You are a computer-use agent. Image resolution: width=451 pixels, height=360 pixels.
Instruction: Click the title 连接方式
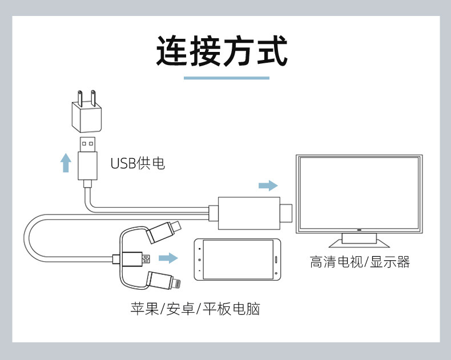[222, 51]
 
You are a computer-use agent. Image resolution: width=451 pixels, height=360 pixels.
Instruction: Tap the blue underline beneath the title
[226, 78]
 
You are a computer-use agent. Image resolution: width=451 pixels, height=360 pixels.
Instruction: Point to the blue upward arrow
[66, 163]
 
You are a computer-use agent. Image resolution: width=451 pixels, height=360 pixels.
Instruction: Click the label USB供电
[138, 164]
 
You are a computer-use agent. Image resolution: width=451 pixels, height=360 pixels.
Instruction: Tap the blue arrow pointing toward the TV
[268, 186]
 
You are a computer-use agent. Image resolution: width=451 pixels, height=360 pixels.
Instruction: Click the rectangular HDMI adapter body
[248, 213]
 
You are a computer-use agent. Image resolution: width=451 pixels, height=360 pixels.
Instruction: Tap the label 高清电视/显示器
[360, 262]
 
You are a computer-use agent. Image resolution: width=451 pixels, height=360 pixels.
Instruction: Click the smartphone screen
[238, 260]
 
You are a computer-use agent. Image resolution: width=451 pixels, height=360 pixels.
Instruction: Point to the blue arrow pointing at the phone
[168, 258]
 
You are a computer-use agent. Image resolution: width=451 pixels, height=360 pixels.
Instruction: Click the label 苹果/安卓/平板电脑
[195, 309]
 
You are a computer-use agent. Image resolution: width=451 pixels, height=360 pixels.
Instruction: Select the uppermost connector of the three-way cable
[164, 231]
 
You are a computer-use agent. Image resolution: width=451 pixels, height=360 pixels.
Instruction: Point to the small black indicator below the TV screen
[359, 230]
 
